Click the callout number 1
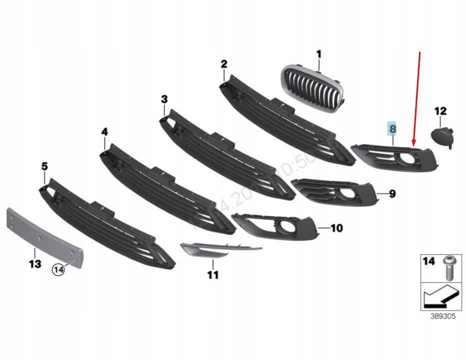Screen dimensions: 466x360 [319, 53]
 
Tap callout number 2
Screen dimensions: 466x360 [224, 63]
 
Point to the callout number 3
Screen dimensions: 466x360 [164, 99]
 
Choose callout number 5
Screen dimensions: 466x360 [44, 166]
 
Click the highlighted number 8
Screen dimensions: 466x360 [393, 129]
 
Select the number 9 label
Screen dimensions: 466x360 [392, 193]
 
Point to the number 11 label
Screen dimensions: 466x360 [213, 275]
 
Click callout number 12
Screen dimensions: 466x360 [440, 111]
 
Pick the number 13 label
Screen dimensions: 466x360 [34, 264]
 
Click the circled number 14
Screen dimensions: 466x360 [59, 270]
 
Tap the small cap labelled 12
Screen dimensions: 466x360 [443, 136]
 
